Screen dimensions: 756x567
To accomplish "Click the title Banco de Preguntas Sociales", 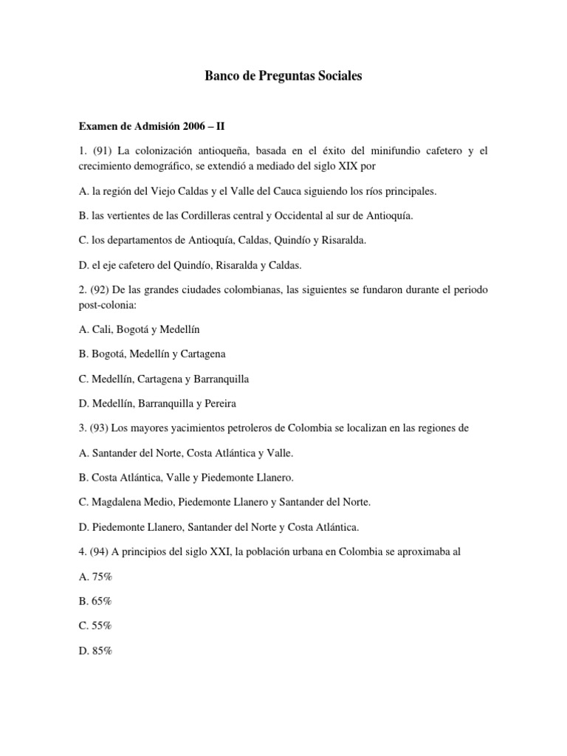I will (283, 76).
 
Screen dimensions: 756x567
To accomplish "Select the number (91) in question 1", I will (100, 151).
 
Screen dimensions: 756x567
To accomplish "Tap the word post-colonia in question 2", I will (103, 304).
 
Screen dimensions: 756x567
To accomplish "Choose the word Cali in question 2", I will (103, 329).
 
